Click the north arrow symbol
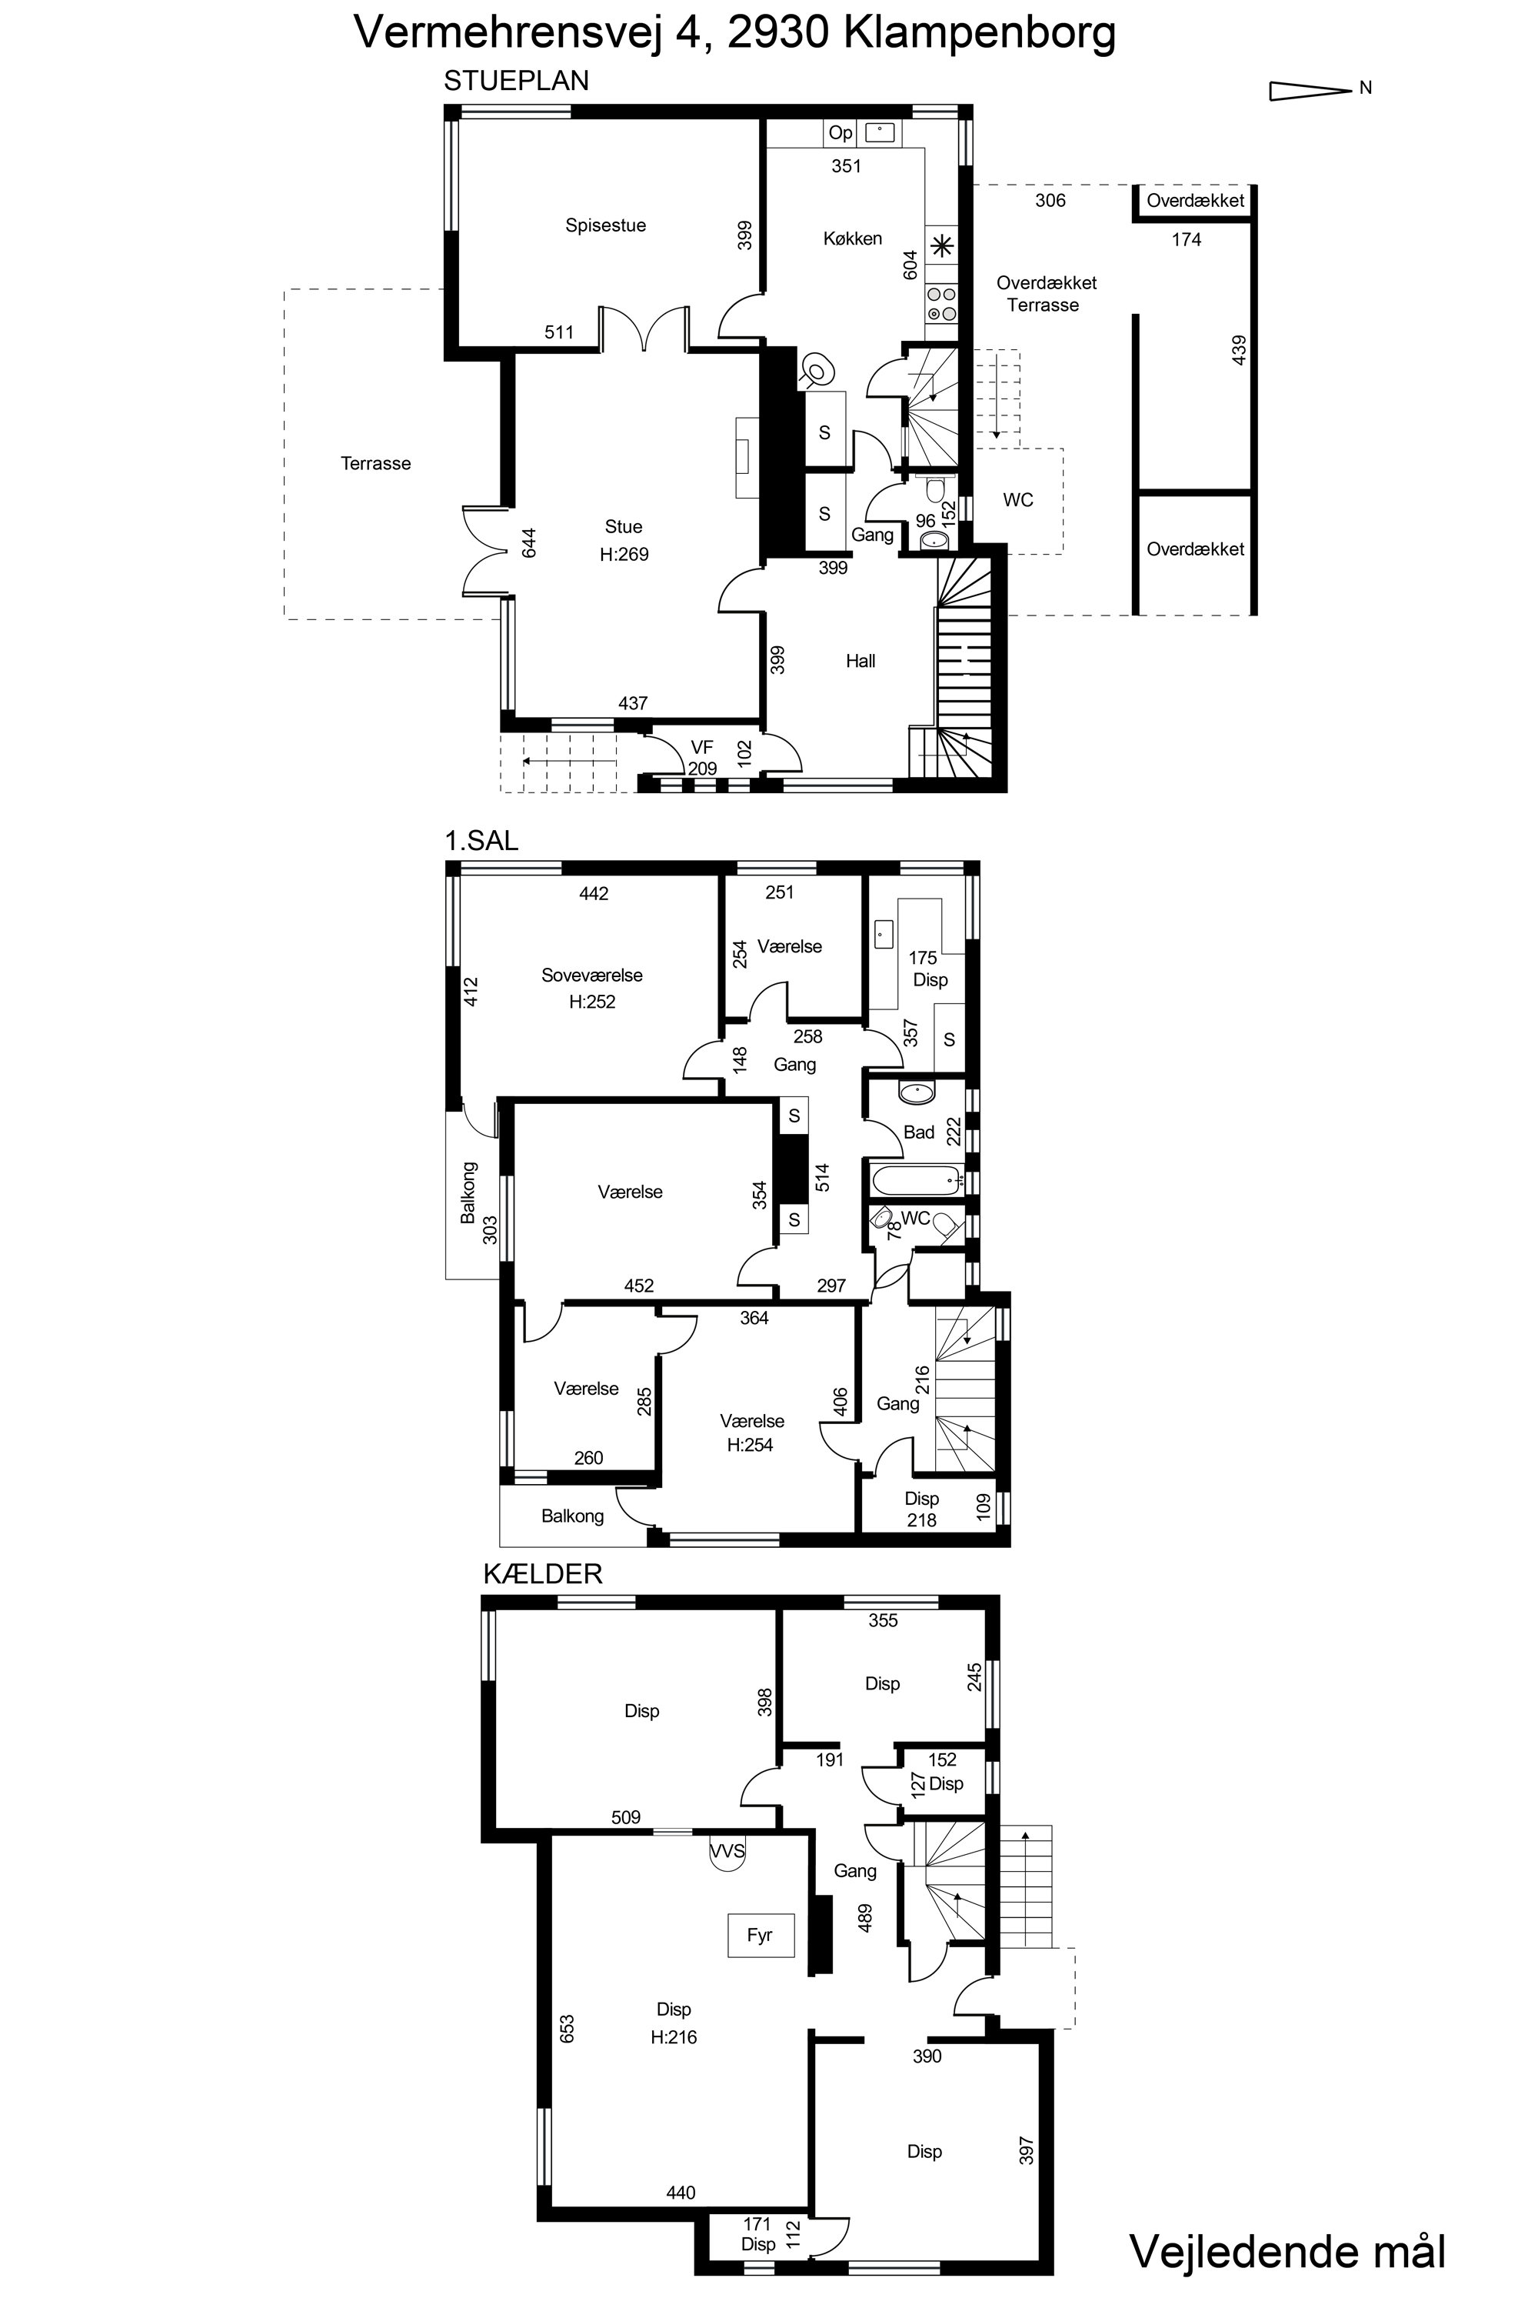click(x=1310, y=90)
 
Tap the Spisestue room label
click(x=605, y=225)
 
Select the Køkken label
click(x=852, y=238)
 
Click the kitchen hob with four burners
click(x=940, y=304)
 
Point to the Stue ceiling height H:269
click(x=624, y=555)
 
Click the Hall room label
click(x=861, y=662)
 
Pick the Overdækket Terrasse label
click(x=1046, y=293)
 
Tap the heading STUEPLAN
click(x=516, y=81)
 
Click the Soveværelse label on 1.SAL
click(x=591, y=976)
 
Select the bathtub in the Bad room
click(x=915, y=1179)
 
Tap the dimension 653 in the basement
click(x=566, y=2030)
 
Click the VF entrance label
click(x=701, y=748)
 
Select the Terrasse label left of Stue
click(x=376, y=463)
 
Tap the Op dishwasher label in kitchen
click(x=841, y=132)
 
